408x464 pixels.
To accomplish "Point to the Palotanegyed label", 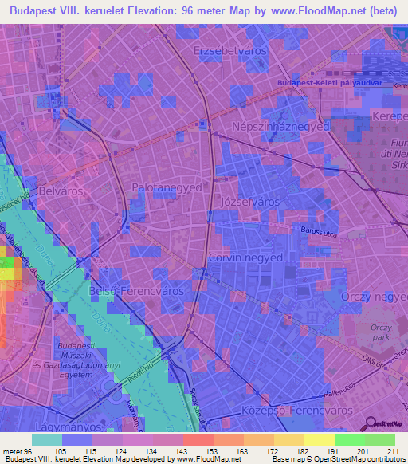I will tap(167, 187).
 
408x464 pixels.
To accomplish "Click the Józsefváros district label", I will tap(250, 202).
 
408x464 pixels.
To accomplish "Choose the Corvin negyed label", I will tap(245, 258).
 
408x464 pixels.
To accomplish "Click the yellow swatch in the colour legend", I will tap(320, 439).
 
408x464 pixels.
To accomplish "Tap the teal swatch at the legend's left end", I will tap(47, 439).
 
